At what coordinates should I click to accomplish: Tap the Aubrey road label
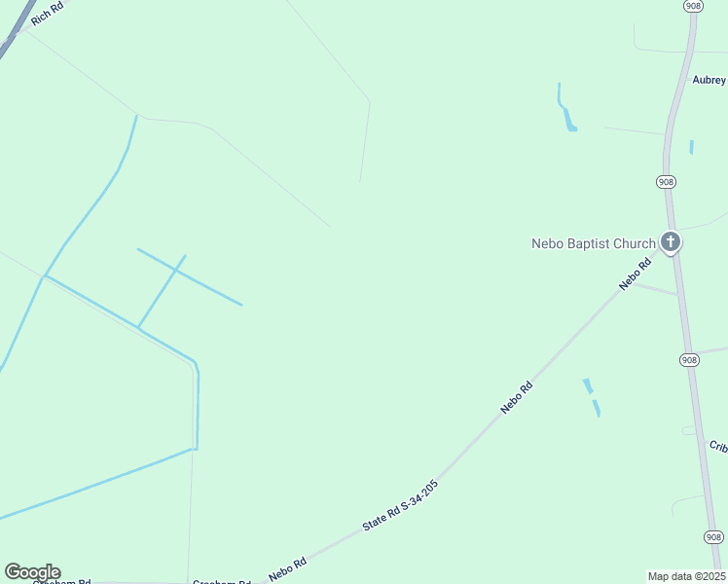[x=710, y=80]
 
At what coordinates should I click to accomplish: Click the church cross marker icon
[x=670, y=241]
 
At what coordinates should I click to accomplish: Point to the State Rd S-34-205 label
[x=400, y=504]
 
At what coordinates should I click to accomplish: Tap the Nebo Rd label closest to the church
[x=636, y=274]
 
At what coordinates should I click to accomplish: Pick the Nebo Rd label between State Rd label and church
[x=517, y=397]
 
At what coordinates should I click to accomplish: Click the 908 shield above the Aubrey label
[x=692, y=6]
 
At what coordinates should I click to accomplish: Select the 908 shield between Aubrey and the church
[x=665, y=182]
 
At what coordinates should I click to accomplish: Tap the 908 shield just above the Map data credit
[x=713, y=536]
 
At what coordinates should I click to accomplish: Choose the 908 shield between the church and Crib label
[x=689, y=359]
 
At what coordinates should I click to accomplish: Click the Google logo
[x=32, y=572]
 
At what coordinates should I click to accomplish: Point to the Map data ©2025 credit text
[x=687, y=575]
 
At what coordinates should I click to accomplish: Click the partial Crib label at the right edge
[x=718, y=447]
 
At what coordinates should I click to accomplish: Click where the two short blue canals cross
[x=178, y=270]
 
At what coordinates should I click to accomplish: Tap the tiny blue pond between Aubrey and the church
[x=691, y=147]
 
